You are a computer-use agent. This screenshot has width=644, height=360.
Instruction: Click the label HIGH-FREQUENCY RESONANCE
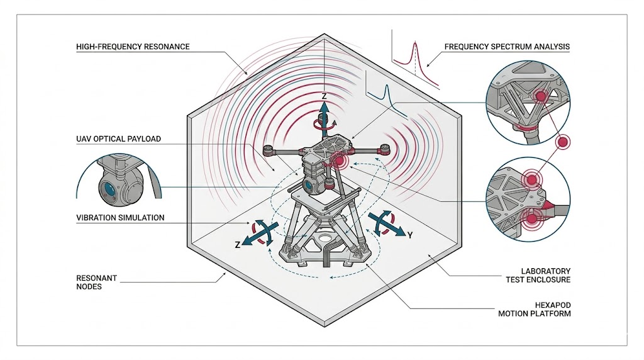pos(132,47)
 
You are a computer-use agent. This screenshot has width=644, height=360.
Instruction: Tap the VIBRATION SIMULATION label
pos(119,218)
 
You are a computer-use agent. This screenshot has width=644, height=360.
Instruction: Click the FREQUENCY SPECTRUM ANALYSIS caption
pos(507,47)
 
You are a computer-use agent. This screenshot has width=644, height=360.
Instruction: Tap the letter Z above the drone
pos(324,96)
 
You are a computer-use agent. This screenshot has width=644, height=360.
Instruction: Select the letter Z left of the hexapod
pos(238,245)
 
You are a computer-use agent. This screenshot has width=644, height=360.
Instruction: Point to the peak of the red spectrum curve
pos(414,43)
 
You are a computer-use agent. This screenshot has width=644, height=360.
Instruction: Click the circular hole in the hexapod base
pos(326,239)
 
